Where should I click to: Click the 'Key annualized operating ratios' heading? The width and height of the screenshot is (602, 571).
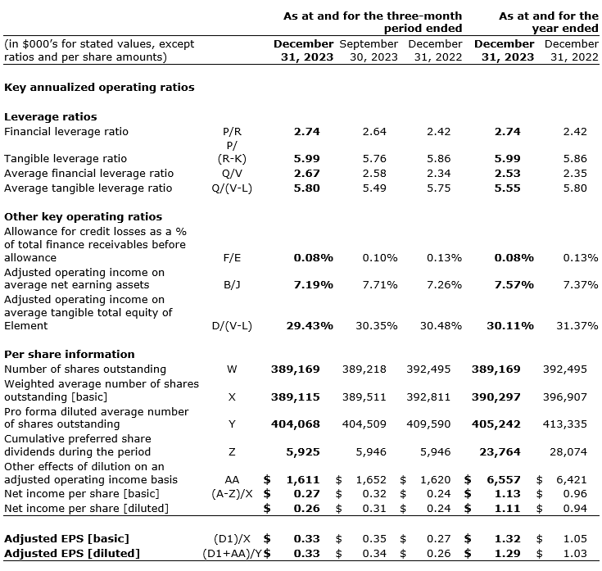pyautogui.click(x=99, y=87)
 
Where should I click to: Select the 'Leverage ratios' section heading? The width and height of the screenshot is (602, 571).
pyautogui.click(x=51, y=116)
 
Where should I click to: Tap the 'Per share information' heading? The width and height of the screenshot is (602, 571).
pyautogui.click(x=70, y=354)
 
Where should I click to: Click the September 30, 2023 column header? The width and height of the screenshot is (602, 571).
pyautogui.click(x=369, y=50)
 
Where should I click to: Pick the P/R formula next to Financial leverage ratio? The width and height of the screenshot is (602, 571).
pyautogui.click(x=232, y=131)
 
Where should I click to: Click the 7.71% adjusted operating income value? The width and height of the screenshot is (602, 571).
pyautogui.click(x=380, y=284)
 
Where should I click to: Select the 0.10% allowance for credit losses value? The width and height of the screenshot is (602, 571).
pyautogui.click(x=380, y=257)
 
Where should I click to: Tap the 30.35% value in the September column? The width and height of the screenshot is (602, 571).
pyautogui.click(x=377, y=325)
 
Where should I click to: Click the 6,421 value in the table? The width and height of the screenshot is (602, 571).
pyautogui.click(x=572, y=478)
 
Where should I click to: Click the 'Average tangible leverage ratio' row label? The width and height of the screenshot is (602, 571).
pyautogui.click(x=88, y=188)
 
